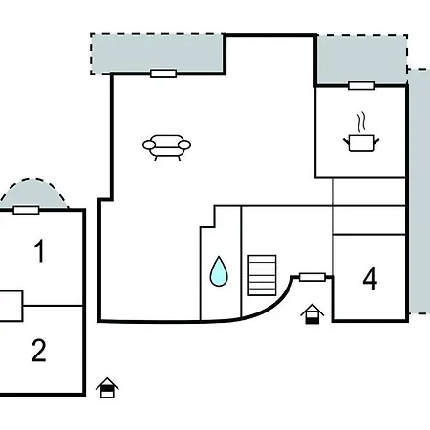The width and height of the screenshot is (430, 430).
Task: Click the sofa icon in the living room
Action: (166, 147)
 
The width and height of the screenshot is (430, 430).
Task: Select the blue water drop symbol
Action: (219, 270)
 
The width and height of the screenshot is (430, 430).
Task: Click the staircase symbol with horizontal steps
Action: (262, 275)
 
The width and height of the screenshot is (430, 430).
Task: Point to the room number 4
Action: (370, 278)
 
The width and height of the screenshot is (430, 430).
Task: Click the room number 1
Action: (39, 251)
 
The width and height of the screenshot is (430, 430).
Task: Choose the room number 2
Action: (39, 350)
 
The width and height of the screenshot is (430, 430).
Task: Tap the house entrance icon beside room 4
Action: (312, 314)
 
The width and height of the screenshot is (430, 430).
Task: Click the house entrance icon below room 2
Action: (107, 388)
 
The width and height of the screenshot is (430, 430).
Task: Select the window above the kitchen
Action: (361, 86)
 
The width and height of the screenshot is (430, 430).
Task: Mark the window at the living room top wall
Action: (163, 74)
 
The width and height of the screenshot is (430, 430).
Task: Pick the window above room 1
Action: (26, 210)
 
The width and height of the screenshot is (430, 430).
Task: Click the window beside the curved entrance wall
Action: (312, 277)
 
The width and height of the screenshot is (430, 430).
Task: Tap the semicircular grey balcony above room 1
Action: (34, 194)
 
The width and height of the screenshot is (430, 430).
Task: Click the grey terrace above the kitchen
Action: (362, 60)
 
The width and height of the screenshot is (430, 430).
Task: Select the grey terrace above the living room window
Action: (158, 54)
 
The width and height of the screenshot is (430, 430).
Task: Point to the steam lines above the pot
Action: (361, 121)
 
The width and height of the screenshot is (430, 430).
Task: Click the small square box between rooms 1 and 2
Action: (11, 306)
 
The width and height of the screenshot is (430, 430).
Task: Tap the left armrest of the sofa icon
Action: (149, 145)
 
